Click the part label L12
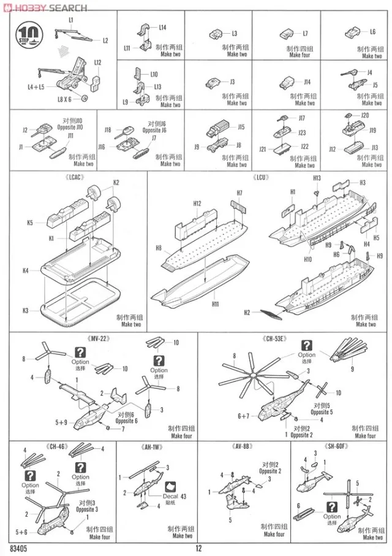coord(98,62)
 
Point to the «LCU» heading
coord(261,178)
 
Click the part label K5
coord(30,223)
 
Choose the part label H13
coord(317,178)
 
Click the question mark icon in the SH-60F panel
coord(333,507)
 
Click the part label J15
coord(241,127)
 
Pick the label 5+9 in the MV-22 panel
coord(61,422)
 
